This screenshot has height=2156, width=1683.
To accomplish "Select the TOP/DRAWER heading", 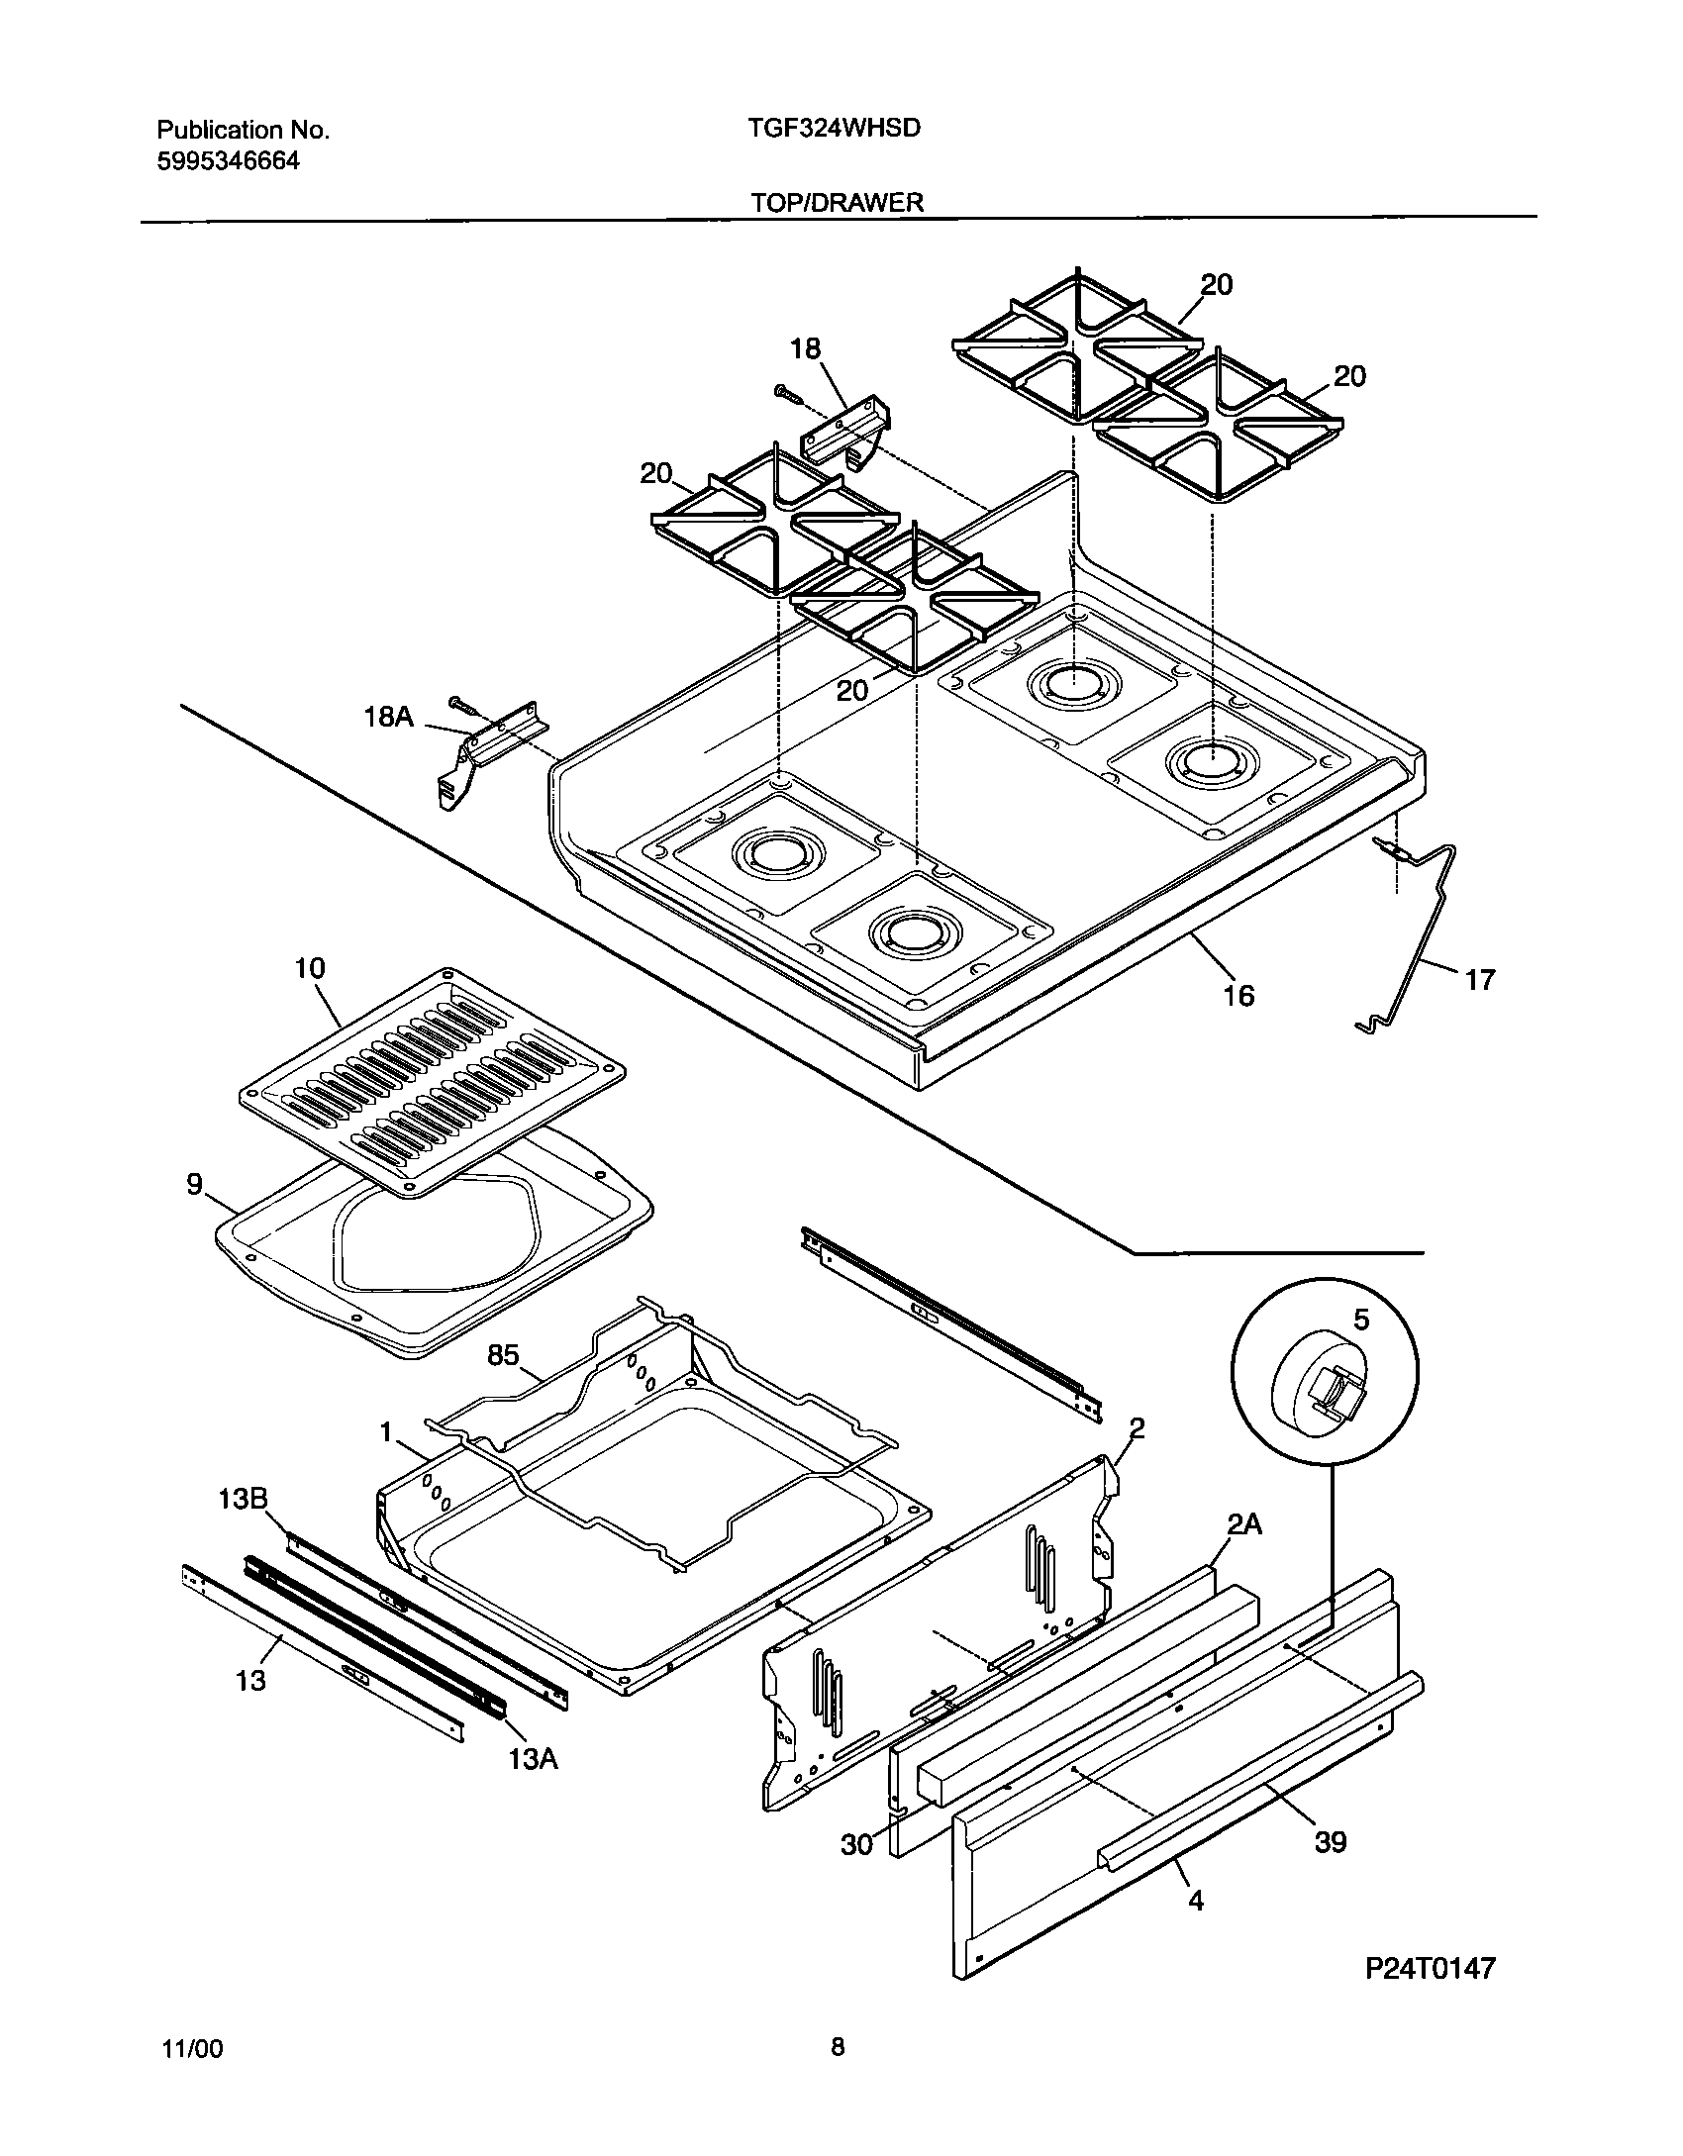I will [x=837, y=203].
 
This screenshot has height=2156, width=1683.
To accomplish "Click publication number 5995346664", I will [x=229, y=161].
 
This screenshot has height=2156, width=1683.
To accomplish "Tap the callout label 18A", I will [x=388, y=717].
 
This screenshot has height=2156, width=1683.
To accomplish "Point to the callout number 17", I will [x=1479, y=980].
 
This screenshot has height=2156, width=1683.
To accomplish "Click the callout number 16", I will [x=1238, y=995].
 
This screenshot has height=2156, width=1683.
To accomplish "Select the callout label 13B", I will [x=243, y=1526].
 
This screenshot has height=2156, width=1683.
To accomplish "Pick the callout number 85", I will [x=503, y=1354].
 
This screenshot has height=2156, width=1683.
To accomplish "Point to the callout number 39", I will [x=1331, y=1842].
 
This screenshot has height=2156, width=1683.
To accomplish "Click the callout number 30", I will [x=857, y=1844].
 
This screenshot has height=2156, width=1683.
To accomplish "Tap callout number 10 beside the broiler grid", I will [x=310, y=968].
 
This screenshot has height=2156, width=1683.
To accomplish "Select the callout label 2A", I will [x=1243, y=1525].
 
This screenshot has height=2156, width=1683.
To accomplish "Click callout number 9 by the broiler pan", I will [x=195, y=1184].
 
